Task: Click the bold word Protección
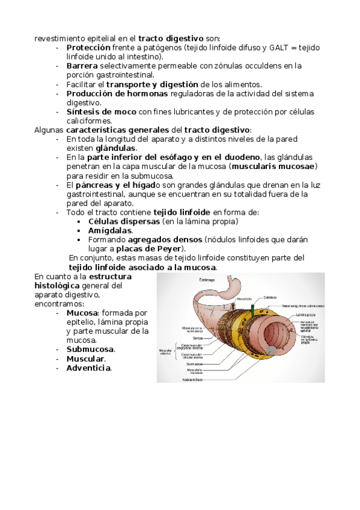click(x=88, y=47)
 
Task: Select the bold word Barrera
click(x=82, y=66)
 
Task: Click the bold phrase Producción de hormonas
click(x=117, y=94)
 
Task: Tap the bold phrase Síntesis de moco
click(x=101, y=112)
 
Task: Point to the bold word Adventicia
click(x=88, y=368)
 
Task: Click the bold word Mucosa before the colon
click(x=82, y=313)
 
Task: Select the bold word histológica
click(x=56, y=285)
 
